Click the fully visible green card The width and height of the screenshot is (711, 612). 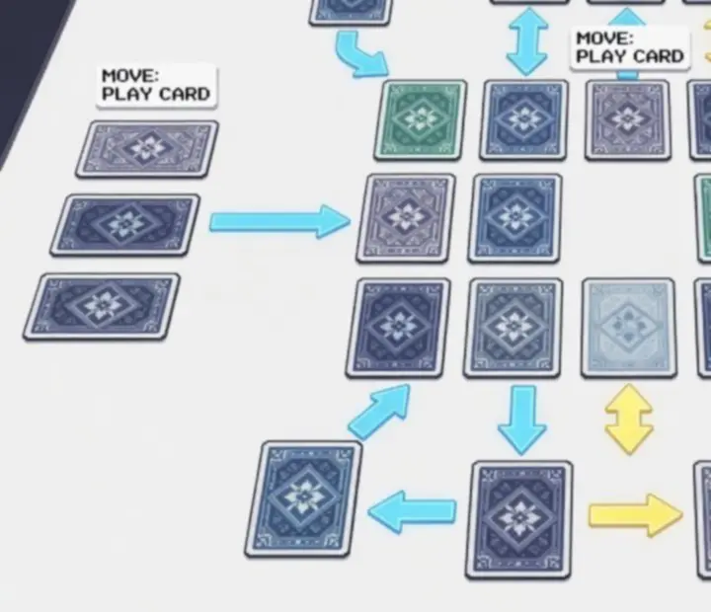421,120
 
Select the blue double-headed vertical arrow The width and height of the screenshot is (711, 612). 527,41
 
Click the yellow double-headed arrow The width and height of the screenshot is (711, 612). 629,420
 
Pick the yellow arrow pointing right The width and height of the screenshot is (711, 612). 636,515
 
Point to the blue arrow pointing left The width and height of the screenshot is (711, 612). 412,512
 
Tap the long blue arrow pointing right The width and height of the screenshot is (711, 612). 280,221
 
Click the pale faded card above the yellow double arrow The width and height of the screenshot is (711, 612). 629,329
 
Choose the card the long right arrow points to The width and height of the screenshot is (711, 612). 406,218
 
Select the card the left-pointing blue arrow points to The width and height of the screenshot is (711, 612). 303,499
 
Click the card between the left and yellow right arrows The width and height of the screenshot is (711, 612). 519,520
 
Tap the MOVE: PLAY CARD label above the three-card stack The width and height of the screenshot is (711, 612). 156,85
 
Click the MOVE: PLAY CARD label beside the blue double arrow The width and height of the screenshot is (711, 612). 630,47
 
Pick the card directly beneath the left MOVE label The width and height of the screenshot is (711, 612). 147,149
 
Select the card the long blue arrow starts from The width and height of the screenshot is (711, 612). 125,225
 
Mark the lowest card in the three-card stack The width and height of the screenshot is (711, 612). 102,306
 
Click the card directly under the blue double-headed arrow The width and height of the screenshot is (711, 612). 523,119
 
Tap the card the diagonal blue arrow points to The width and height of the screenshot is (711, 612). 398,329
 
